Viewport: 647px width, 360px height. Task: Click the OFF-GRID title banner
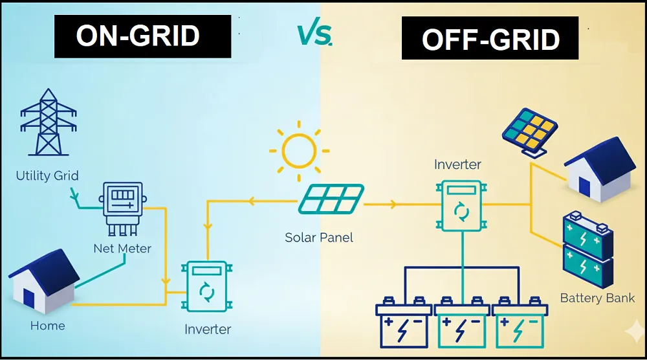(490, 39)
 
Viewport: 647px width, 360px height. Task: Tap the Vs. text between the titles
(315, 35)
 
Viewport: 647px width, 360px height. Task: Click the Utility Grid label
(47, 175)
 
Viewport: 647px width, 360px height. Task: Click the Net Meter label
(122, 248)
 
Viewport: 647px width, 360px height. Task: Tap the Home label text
(47, 326)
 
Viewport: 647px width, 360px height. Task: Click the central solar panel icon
(330, 199)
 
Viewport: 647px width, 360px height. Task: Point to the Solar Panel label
(319, 238)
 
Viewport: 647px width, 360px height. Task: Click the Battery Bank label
(597, 298)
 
